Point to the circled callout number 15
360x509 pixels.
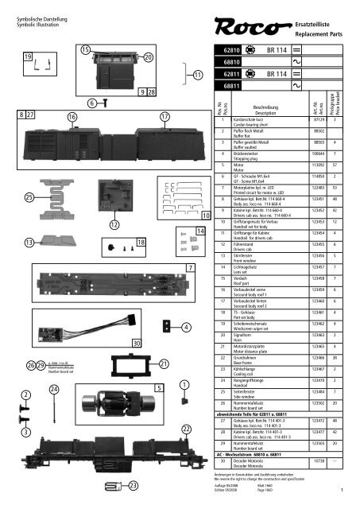tap(85, 50)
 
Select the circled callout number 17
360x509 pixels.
tap(165, 116)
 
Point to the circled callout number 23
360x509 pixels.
tap(133, 485)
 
